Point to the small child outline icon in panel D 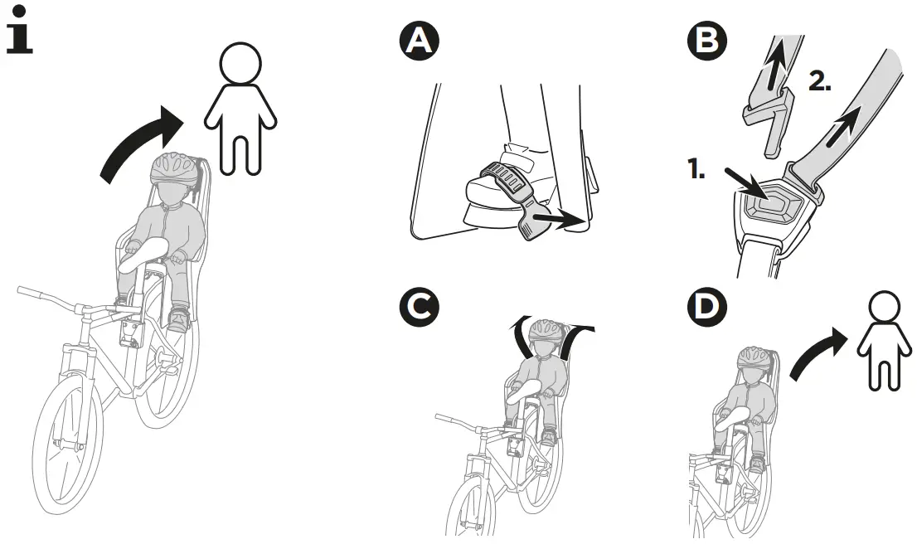click(882, 342)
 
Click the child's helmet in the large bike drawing click(175, 168)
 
